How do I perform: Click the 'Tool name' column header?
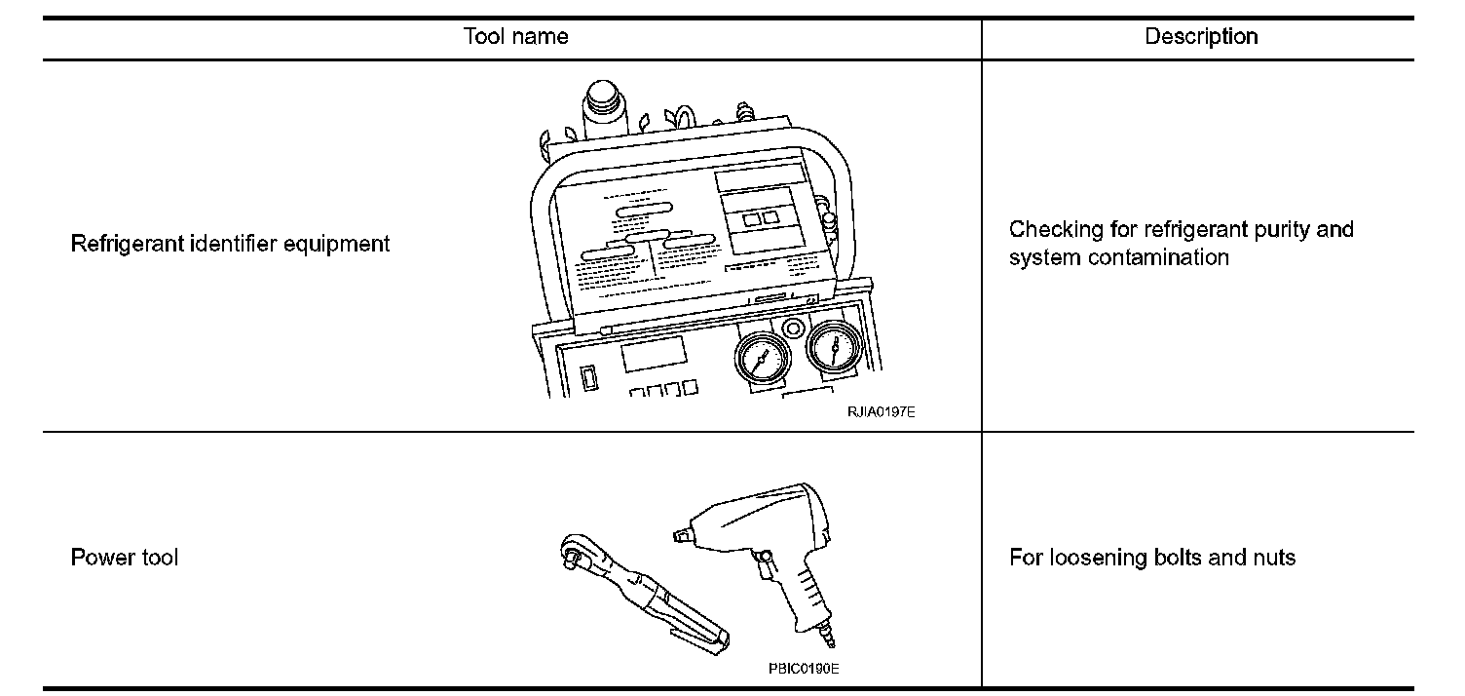tap(516, 37)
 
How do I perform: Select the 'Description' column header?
tap(1201, 37)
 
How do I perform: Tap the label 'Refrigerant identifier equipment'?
tap(230, 244)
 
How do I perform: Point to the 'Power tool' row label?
tap(125, 559)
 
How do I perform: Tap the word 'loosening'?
tap(1082, 559)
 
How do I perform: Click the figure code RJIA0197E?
tap(881, 412)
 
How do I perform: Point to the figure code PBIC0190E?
tap(804, 670)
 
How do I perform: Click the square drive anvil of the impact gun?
tap(680, 533)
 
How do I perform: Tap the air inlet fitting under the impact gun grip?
tap(833, 639)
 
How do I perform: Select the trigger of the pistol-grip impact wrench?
tap(770, 564)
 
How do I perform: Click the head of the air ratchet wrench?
tap(582, 560)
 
